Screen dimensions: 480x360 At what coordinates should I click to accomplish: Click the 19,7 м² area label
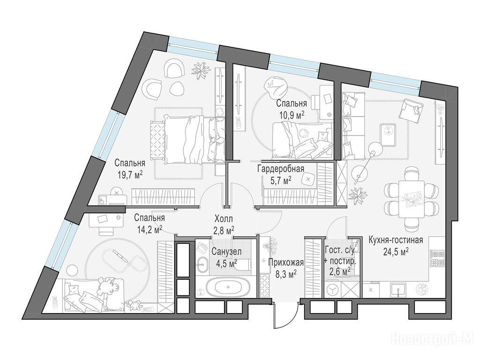coord(130,175)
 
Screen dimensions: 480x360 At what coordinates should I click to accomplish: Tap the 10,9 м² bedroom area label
coord(291,115)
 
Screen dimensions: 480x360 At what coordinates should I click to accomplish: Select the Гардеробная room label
coord(281,169)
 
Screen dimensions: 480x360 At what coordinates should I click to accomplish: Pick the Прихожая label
coord(286,262)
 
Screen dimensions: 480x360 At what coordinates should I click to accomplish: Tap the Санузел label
coord(226,252)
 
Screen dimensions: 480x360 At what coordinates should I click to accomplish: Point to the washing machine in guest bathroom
coord(332,289)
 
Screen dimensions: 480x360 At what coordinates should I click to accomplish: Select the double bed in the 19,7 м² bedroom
coord(187,139)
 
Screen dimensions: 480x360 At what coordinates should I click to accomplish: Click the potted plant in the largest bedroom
coord(200,70)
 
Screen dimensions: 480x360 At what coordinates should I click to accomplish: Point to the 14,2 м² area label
coord(149,229)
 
